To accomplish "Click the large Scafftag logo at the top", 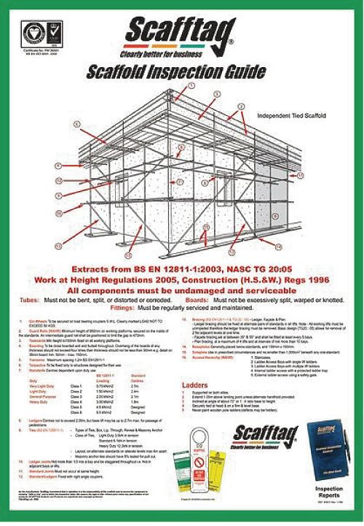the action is [x=182, y=33].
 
